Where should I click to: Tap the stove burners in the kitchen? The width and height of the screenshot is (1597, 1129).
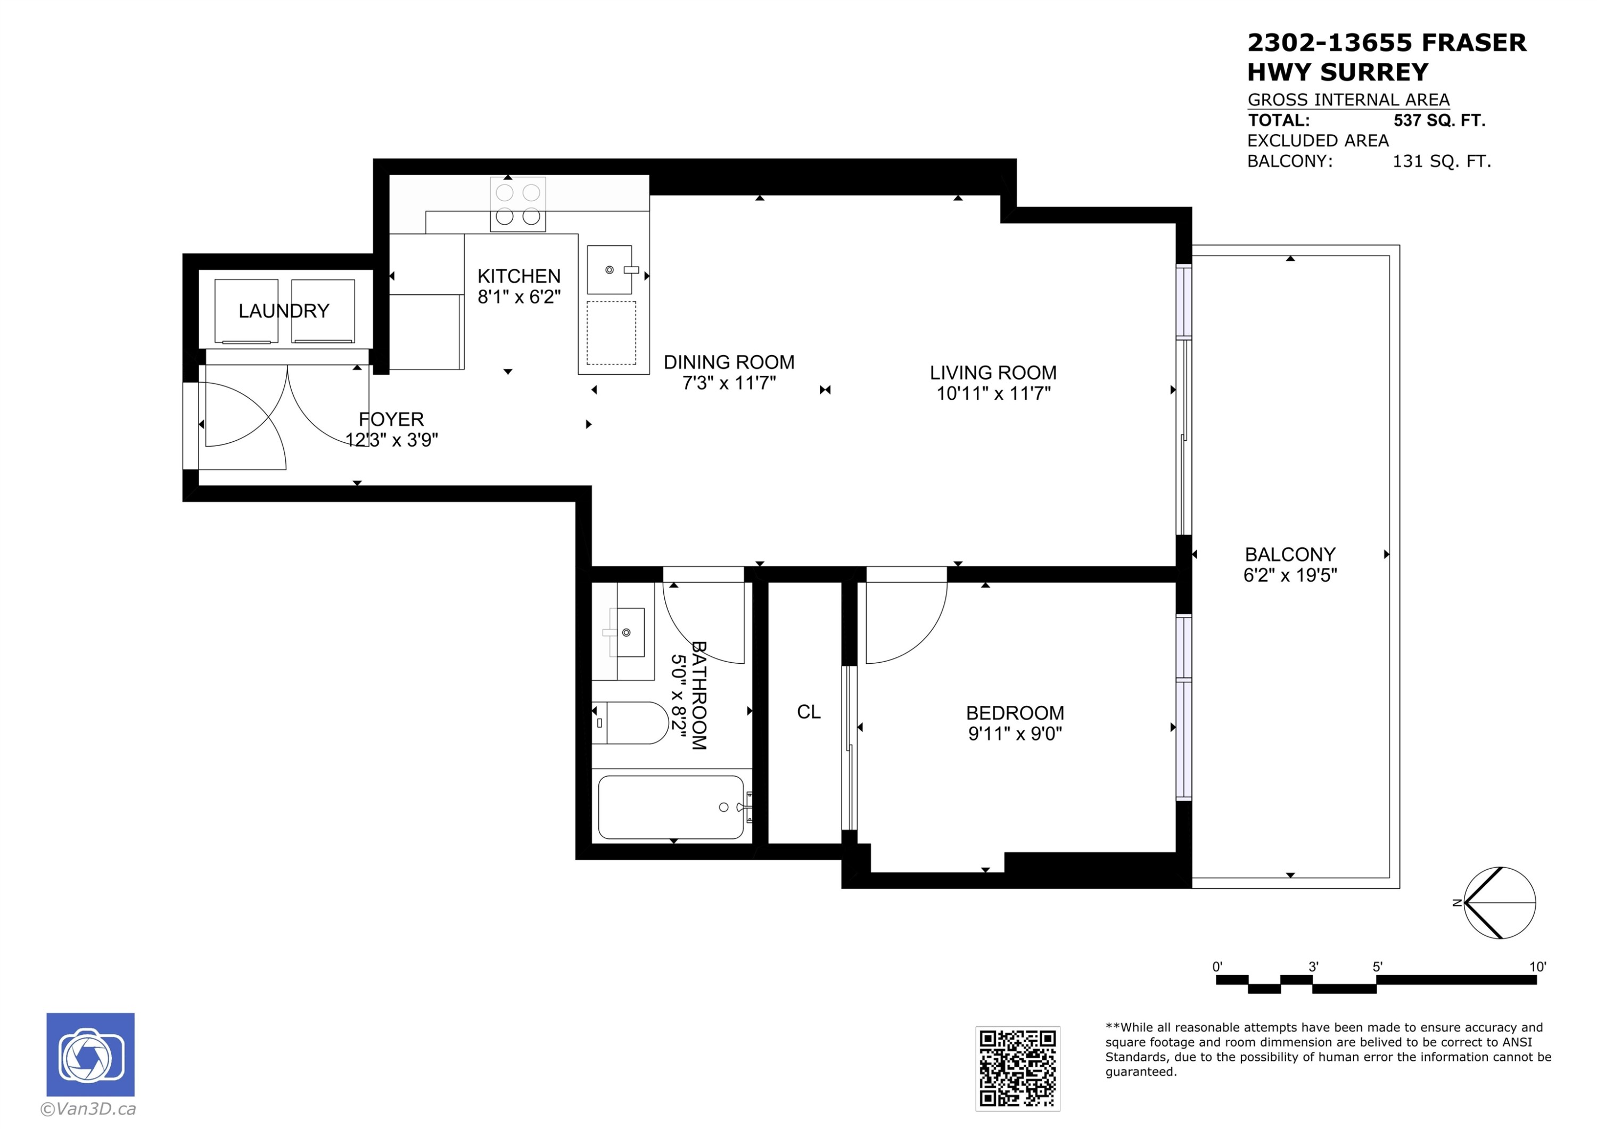[517, 204]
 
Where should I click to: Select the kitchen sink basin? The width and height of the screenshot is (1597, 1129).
[610, 270]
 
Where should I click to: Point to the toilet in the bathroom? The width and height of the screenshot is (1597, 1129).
[630, 723]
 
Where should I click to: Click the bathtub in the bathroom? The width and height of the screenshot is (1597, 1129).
[671, 807]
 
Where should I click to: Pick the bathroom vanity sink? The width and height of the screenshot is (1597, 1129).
[627, 632]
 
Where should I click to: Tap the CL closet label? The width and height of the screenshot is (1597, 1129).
[808, 712]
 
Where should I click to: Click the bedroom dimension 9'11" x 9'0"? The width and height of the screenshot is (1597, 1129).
[1015, 733]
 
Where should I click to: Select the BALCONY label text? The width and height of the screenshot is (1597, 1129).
[1289, 555]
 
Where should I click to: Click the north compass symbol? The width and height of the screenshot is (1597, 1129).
[1499, 903]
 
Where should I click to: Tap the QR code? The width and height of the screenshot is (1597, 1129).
[1017, 1068]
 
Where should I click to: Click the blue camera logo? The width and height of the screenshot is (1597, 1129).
[90, 1054]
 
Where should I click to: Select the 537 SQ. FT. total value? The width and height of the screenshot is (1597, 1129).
[1439, 120]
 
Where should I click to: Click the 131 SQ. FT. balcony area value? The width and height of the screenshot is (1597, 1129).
[1441, 161]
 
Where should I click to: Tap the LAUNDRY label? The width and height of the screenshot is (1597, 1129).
[284, 311]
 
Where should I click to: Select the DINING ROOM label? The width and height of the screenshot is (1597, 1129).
[728, 362]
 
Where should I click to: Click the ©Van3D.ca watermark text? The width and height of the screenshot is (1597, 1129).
[88, 1109]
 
